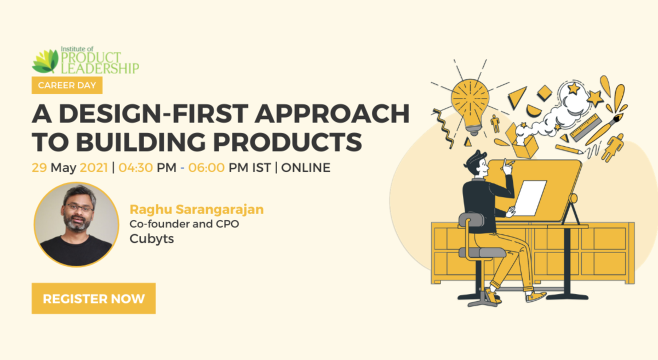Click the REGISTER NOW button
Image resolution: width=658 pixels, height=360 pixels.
pos(93,298)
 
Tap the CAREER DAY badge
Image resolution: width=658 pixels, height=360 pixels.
pos(67,85)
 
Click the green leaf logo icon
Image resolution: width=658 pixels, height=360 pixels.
pos(45,61)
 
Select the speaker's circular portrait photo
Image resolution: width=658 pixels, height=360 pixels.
pos(76,224)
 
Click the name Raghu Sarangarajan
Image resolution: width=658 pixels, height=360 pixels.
pos(196,209)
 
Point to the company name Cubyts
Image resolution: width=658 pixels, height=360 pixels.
pos(151,238)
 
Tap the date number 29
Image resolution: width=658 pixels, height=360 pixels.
pos(39,167)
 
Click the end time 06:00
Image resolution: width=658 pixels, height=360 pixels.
pos(206,167)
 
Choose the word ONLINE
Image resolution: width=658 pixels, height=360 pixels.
pos(305,167)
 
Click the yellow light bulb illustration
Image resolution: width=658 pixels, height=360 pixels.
pos(470,102)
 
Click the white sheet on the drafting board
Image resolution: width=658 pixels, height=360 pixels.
pos(531,198)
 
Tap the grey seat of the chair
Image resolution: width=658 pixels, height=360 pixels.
pos(482,252)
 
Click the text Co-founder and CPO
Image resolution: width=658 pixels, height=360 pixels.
pos(184,224)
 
